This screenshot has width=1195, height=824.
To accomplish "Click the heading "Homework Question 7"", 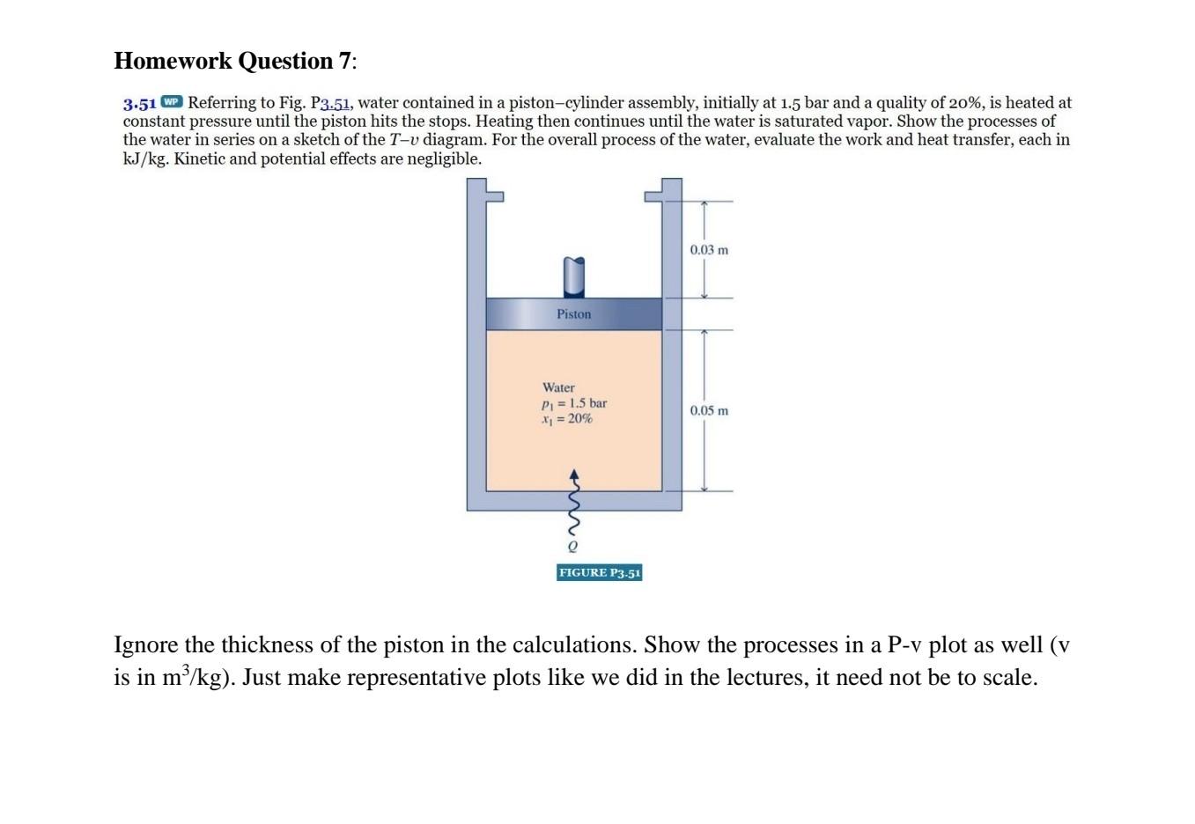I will coord(235,61).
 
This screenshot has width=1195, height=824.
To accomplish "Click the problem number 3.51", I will coord(139,103).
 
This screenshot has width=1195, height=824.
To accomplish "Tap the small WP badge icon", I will coord(172,102).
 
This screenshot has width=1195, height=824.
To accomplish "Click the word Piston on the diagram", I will coord(573,314).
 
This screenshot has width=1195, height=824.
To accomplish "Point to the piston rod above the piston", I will coord(573,276).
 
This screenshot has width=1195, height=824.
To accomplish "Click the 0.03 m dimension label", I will coord(709,250).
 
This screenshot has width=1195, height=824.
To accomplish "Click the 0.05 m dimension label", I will coord(709,411).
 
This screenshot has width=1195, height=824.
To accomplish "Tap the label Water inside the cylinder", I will coord(558,387).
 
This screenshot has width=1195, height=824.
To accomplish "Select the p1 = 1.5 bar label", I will coord(573,403).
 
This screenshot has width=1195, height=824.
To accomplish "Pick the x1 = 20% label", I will coord(566,419).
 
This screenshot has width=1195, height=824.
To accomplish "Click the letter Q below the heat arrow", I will coord(573,547).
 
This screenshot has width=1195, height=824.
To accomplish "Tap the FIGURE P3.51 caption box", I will coord(600,573).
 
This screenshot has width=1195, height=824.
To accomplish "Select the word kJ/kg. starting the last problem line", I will coord(146,159).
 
